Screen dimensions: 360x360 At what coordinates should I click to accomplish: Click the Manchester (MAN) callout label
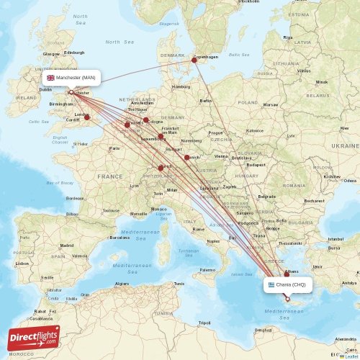(x=70, y=77)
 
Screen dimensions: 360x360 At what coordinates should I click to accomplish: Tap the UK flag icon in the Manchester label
(x=50, y=77)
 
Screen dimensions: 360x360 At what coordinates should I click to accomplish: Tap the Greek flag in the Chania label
(x=270, y=284)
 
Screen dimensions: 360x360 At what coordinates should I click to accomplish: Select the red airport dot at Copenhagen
(x=194, y=60)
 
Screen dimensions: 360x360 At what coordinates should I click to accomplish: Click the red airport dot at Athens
(x=287, y=274)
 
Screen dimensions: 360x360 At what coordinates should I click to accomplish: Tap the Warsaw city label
(x=270, y=104)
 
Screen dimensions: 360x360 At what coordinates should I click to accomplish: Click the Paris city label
(x=114, y=148)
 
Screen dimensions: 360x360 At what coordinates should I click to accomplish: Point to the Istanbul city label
(x=336, y=238)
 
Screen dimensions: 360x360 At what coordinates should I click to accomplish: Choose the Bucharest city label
(x=314, y=201)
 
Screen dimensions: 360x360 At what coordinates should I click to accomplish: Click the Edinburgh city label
(x=74, y=53)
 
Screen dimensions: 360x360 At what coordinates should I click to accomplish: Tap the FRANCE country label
(x=110, y=176)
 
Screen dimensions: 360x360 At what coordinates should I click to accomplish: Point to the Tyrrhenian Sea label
(x=189, y=253)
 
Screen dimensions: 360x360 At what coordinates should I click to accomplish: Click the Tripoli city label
(x=205, y=323)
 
